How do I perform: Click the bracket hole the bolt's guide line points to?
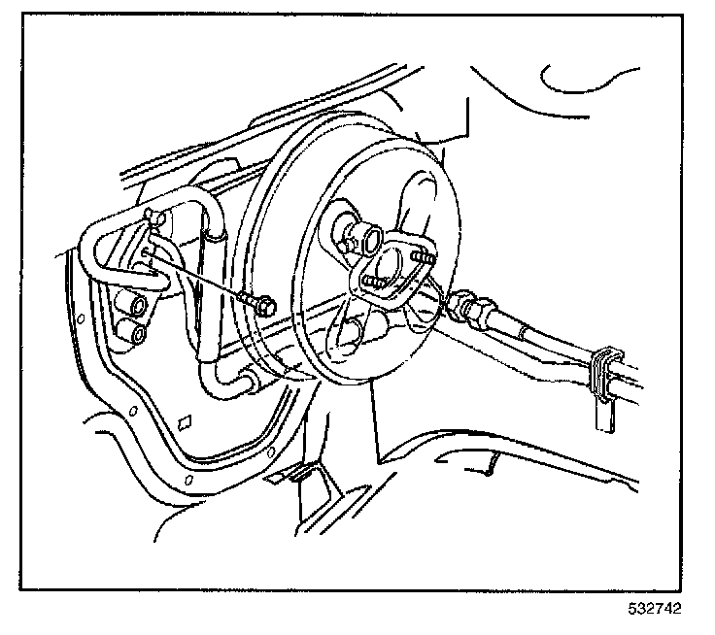[x=146, y=252]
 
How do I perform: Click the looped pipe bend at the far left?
[x=92, y=252]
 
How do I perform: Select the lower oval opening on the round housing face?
[x=345, y=336]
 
